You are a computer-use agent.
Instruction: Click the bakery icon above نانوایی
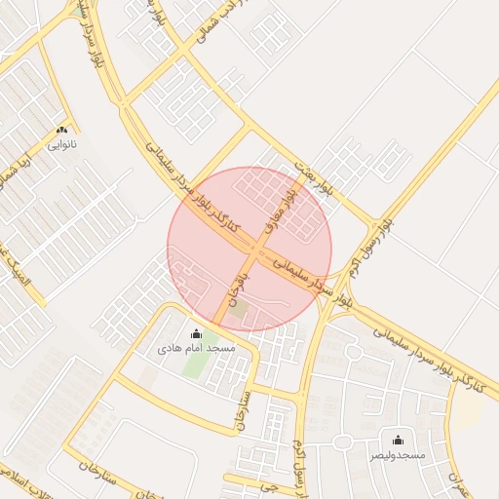62,130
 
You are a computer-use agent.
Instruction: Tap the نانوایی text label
61,144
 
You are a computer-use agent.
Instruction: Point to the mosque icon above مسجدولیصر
398,441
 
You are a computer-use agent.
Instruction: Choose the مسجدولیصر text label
398,455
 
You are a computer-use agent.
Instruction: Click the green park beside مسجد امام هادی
194,365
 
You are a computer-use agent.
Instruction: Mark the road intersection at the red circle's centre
250,249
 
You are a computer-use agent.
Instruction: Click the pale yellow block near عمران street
469,409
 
